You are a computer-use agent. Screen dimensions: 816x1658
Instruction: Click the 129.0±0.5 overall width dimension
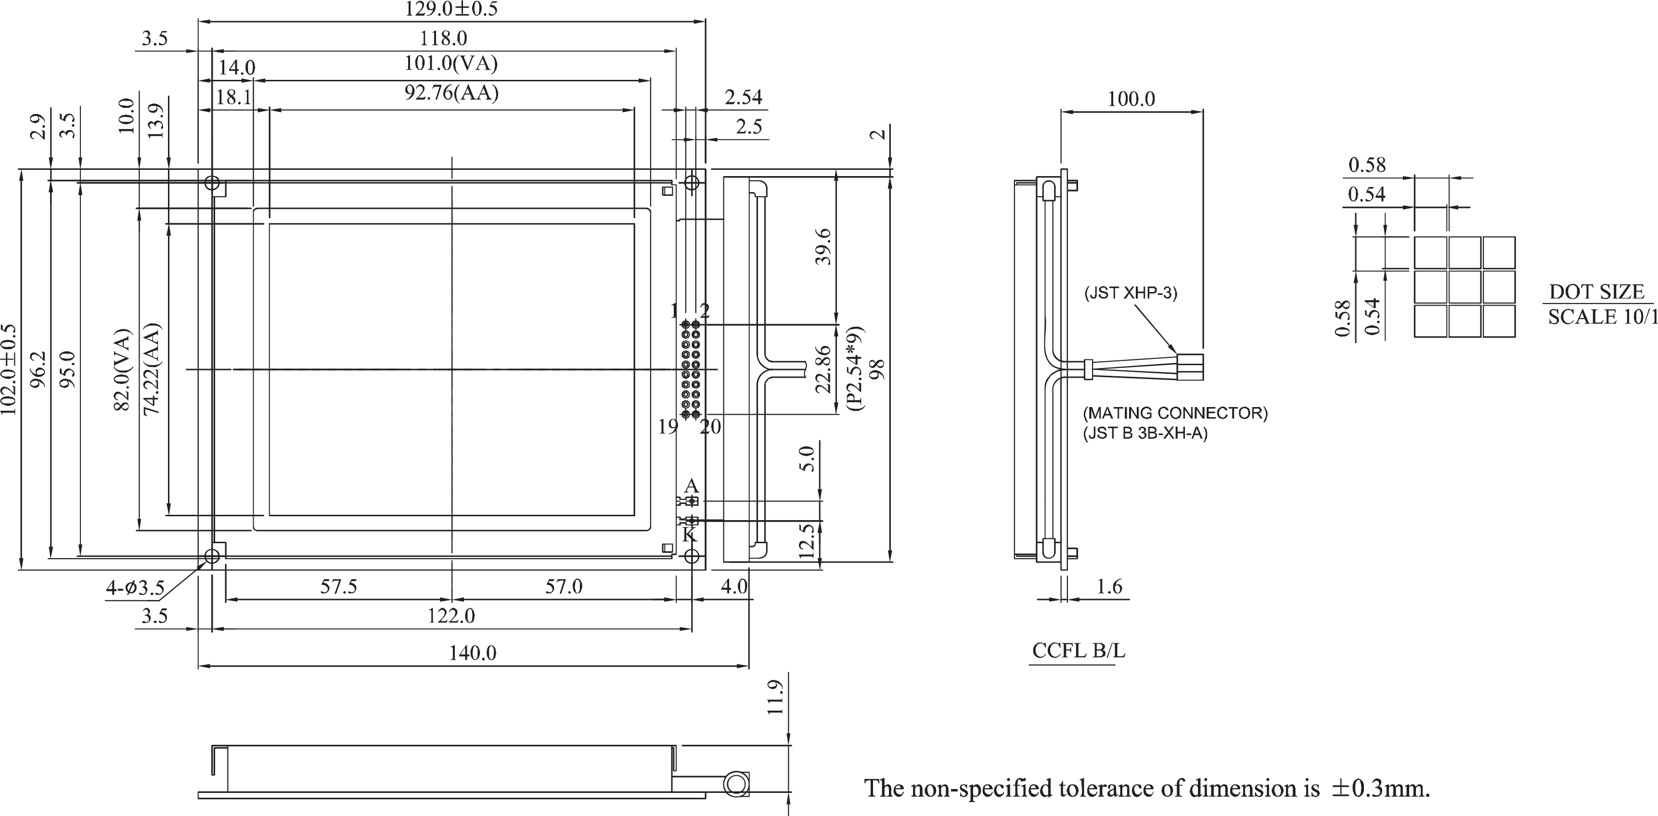click(450, 9)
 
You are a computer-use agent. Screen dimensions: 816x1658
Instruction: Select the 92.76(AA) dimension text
click(451, 93)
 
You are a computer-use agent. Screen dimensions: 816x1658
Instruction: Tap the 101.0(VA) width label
click(450, 64)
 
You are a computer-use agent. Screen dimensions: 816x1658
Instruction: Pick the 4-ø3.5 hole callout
click(135, 587)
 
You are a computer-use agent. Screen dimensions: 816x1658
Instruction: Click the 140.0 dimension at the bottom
click(473, 653)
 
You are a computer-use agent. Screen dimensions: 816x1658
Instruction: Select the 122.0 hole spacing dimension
click(451, 616)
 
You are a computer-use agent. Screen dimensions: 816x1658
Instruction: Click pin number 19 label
click(668, 426)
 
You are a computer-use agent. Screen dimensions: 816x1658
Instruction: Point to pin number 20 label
click(710, 426)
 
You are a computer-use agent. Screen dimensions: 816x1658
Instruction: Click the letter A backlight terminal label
click(691, 485)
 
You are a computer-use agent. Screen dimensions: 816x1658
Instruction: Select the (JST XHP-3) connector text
click(1130, 293)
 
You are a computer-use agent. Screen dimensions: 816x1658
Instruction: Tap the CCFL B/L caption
click(1078, 650)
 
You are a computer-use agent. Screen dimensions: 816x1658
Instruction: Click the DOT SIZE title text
click(1596, 292)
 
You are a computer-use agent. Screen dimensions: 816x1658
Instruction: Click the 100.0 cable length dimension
click(1131, 99)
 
